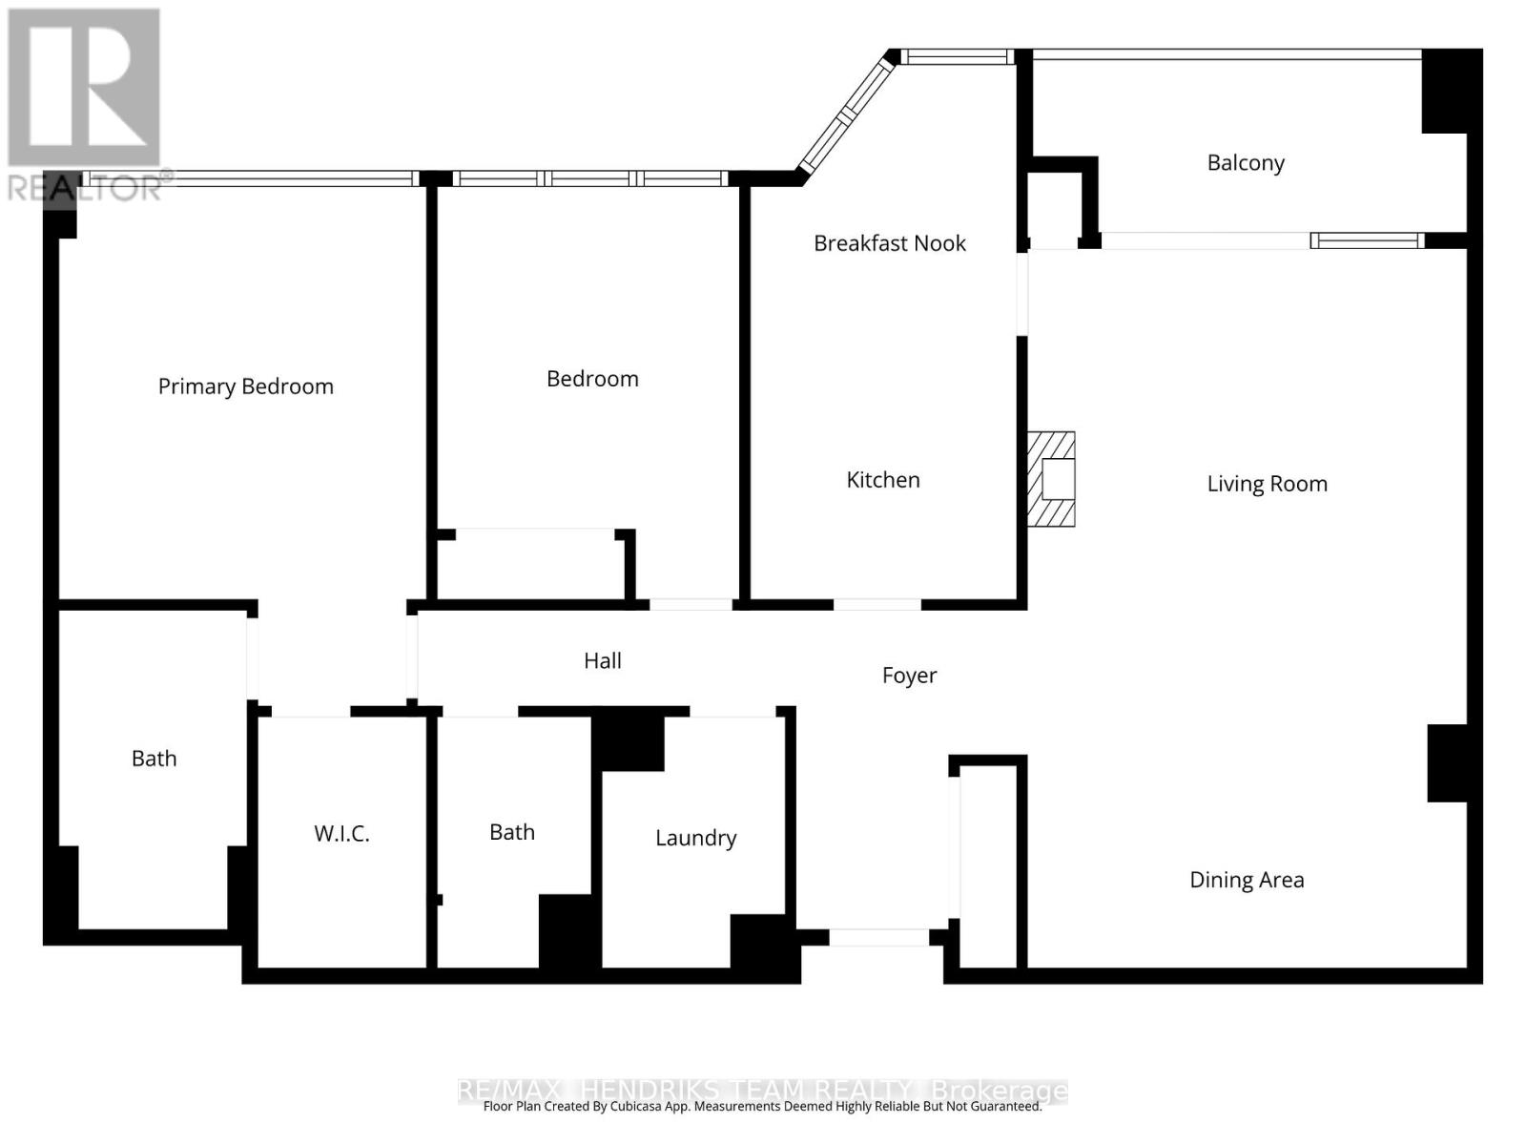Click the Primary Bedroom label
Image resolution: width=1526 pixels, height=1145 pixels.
245,386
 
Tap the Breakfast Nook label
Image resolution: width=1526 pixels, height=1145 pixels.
889,243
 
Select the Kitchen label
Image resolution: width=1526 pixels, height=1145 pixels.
883,480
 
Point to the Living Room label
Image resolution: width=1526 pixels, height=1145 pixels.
1267,484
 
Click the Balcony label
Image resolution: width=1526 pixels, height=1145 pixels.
1246,163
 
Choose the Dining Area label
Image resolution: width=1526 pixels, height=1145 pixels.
1247,880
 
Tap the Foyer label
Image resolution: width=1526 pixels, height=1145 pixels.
909,676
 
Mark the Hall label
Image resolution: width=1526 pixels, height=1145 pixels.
603,660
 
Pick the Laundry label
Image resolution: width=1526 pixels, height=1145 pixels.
696,839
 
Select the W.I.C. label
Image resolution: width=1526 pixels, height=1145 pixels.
341,834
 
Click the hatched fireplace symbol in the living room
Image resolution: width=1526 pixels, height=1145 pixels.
1051,479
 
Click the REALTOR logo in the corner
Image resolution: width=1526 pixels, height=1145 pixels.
85,104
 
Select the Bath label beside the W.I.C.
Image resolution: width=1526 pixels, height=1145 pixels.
154,759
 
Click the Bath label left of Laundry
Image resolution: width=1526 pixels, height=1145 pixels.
511,832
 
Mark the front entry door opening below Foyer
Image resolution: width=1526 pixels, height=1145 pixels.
878,937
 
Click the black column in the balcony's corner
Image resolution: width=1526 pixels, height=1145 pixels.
1452,92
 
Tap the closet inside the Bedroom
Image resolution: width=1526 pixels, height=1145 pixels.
533,566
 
